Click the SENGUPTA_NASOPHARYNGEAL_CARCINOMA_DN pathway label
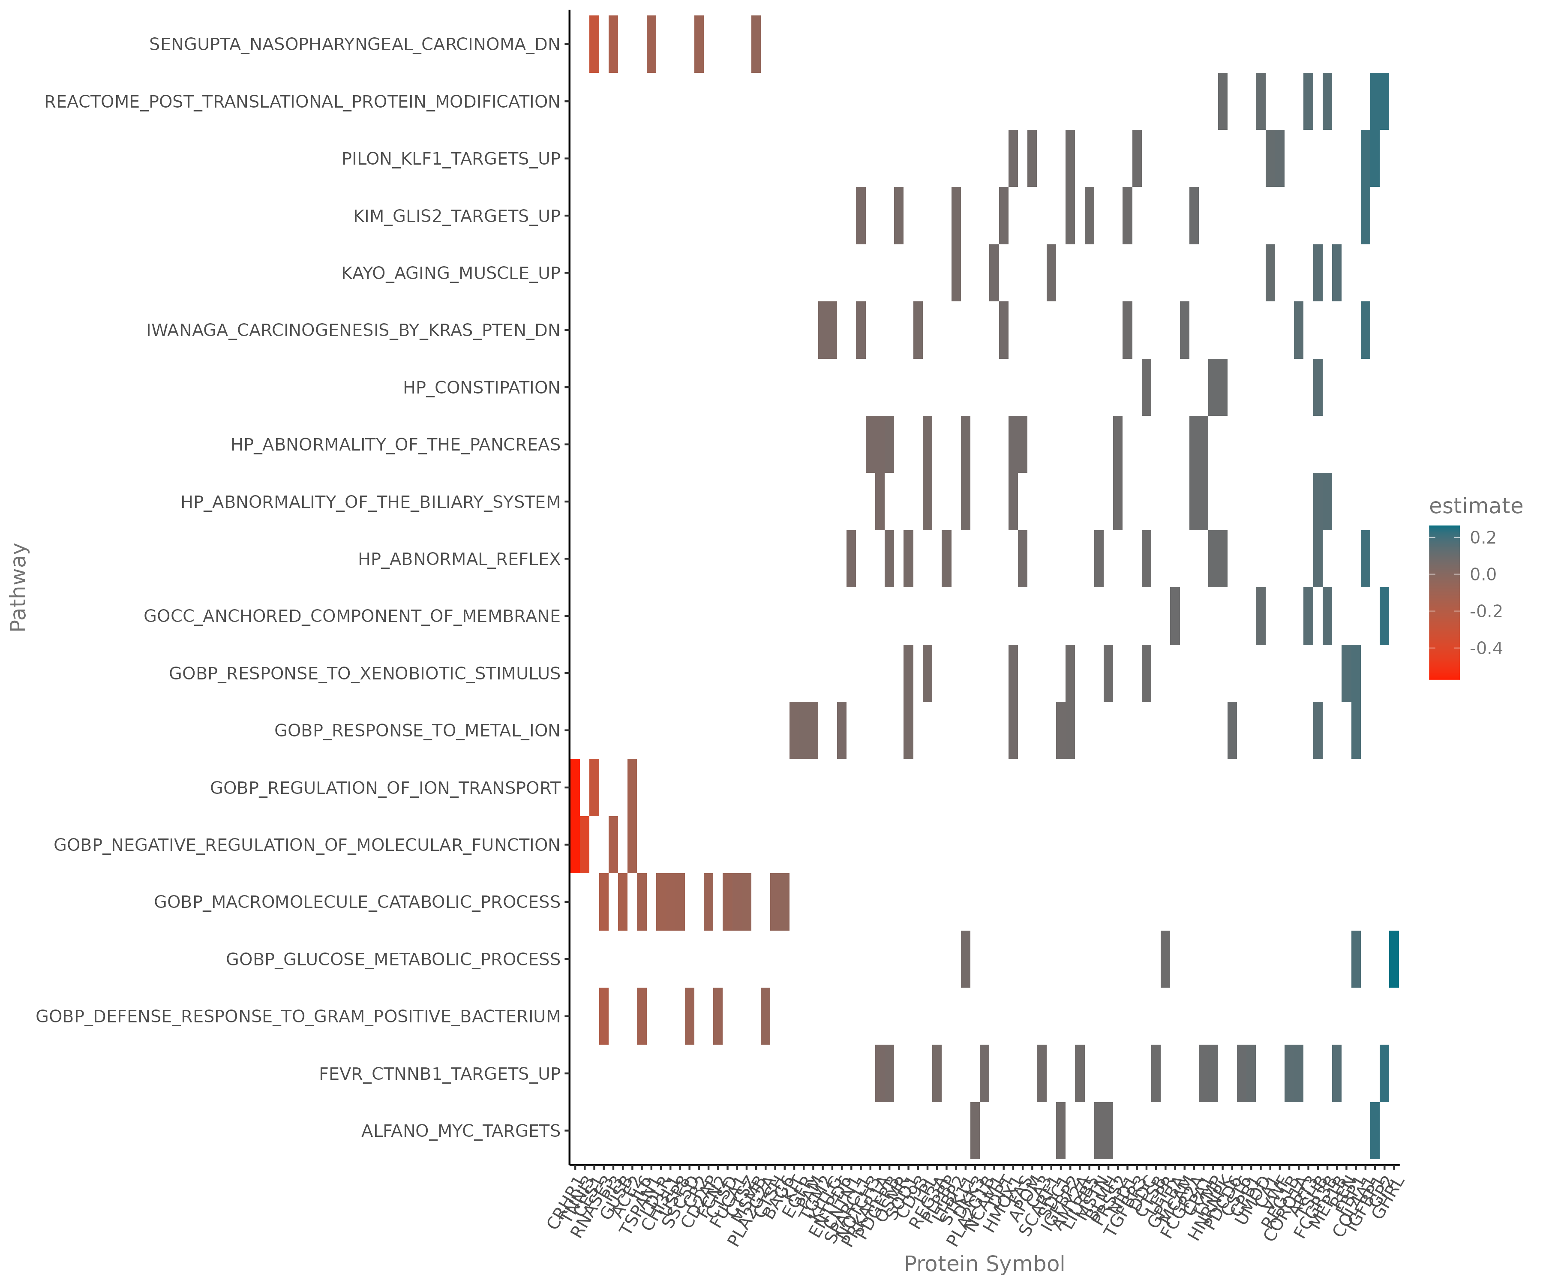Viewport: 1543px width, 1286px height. (x=354, y=44)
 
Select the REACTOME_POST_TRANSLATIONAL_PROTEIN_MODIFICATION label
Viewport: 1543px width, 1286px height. (x=302, y=102)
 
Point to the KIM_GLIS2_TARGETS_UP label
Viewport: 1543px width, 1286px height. (x=456, y=216)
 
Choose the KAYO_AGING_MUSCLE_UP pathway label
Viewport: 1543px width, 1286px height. (x=450, y=273)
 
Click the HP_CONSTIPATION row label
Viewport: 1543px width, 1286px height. (x=481, y=387)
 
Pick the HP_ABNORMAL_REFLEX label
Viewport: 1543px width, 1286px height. (x=459, y=559)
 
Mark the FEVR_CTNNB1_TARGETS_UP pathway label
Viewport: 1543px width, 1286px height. (x=439, y=1074)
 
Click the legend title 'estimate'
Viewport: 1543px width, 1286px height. (x=1475, y=506)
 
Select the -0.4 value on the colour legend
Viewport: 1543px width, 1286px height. (x=1486, y=648)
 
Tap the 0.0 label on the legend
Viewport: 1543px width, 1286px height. (x=1483, y=575)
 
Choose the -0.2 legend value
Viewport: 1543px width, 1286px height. (x=1486, y=611)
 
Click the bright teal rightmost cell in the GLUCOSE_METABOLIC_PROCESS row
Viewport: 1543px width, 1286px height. (x=1394, y=959)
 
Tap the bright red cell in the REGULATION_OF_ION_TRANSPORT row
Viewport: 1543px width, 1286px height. (x=575, y=787)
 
